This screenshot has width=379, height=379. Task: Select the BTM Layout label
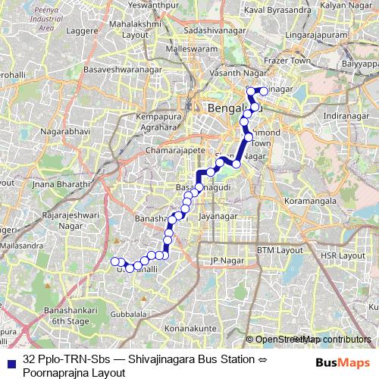(x=279, y=249)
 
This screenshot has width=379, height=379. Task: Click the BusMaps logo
(x=341, y=364)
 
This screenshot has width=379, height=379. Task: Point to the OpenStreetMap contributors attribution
(x=313, y=340)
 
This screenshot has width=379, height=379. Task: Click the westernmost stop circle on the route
(x=116, y=262)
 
